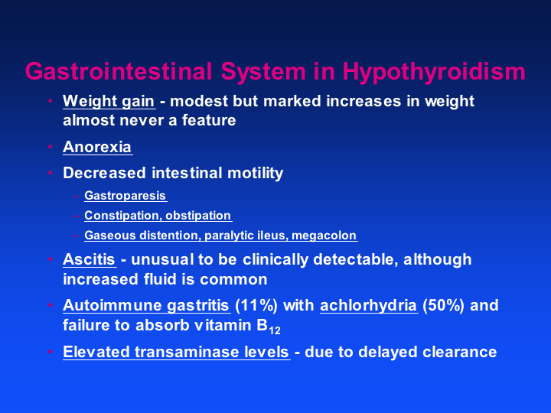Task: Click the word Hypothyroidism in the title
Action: [x=434, y=73]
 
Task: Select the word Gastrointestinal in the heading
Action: [x=119, y=71]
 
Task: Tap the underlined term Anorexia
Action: [x=97, y=147]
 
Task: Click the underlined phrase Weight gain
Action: [x=109, y=102]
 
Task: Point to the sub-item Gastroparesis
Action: [x=125, y=196]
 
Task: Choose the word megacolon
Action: [x=324, y=236]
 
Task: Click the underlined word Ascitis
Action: [x=89, y=259]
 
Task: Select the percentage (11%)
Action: [x=256, y=305]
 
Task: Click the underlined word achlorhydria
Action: [x=368, y=305]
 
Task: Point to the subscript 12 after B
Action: [x=275, y=330]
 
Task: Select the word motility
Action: [x=255, y=173]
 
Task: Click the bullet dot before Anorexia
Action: [x=51, y=146]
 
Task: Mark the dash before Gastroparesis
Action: [x=75, y=196]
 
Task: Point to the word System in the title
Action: [x=263, y=72]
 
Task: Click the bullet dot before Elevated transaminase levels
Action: [x=51, y=352]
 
